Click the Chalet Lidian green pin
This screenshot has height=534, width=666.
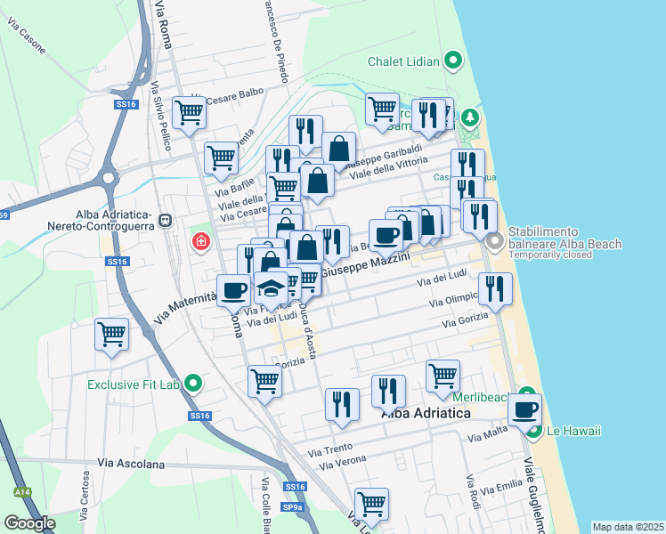[453, 61]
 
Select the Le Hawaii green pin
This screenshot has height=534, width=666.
[534, 432]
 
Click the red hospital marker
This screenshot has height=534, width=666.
[201, 241]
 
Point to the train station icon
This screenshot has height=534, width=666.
[164, 220]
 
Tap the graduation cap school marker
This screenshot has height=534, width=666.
[270, 287]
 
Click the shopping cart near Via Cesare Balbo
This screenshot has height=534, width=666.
[189, 113]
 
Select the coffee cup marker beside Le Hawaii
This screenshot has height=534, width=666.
[524, 410]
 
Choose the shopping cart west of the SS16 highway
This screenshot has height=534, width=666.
[112, 336]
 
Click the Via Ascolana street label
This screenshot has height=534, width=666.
[131, 464]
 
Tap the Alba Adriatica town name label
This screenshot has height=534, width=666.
[426, 414]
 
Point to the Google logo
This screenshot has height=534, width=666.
[29, 523]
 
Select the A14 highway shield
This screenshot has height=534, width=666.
[20, 491]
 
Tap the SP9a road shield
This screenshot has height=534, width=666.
[291, 507]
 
